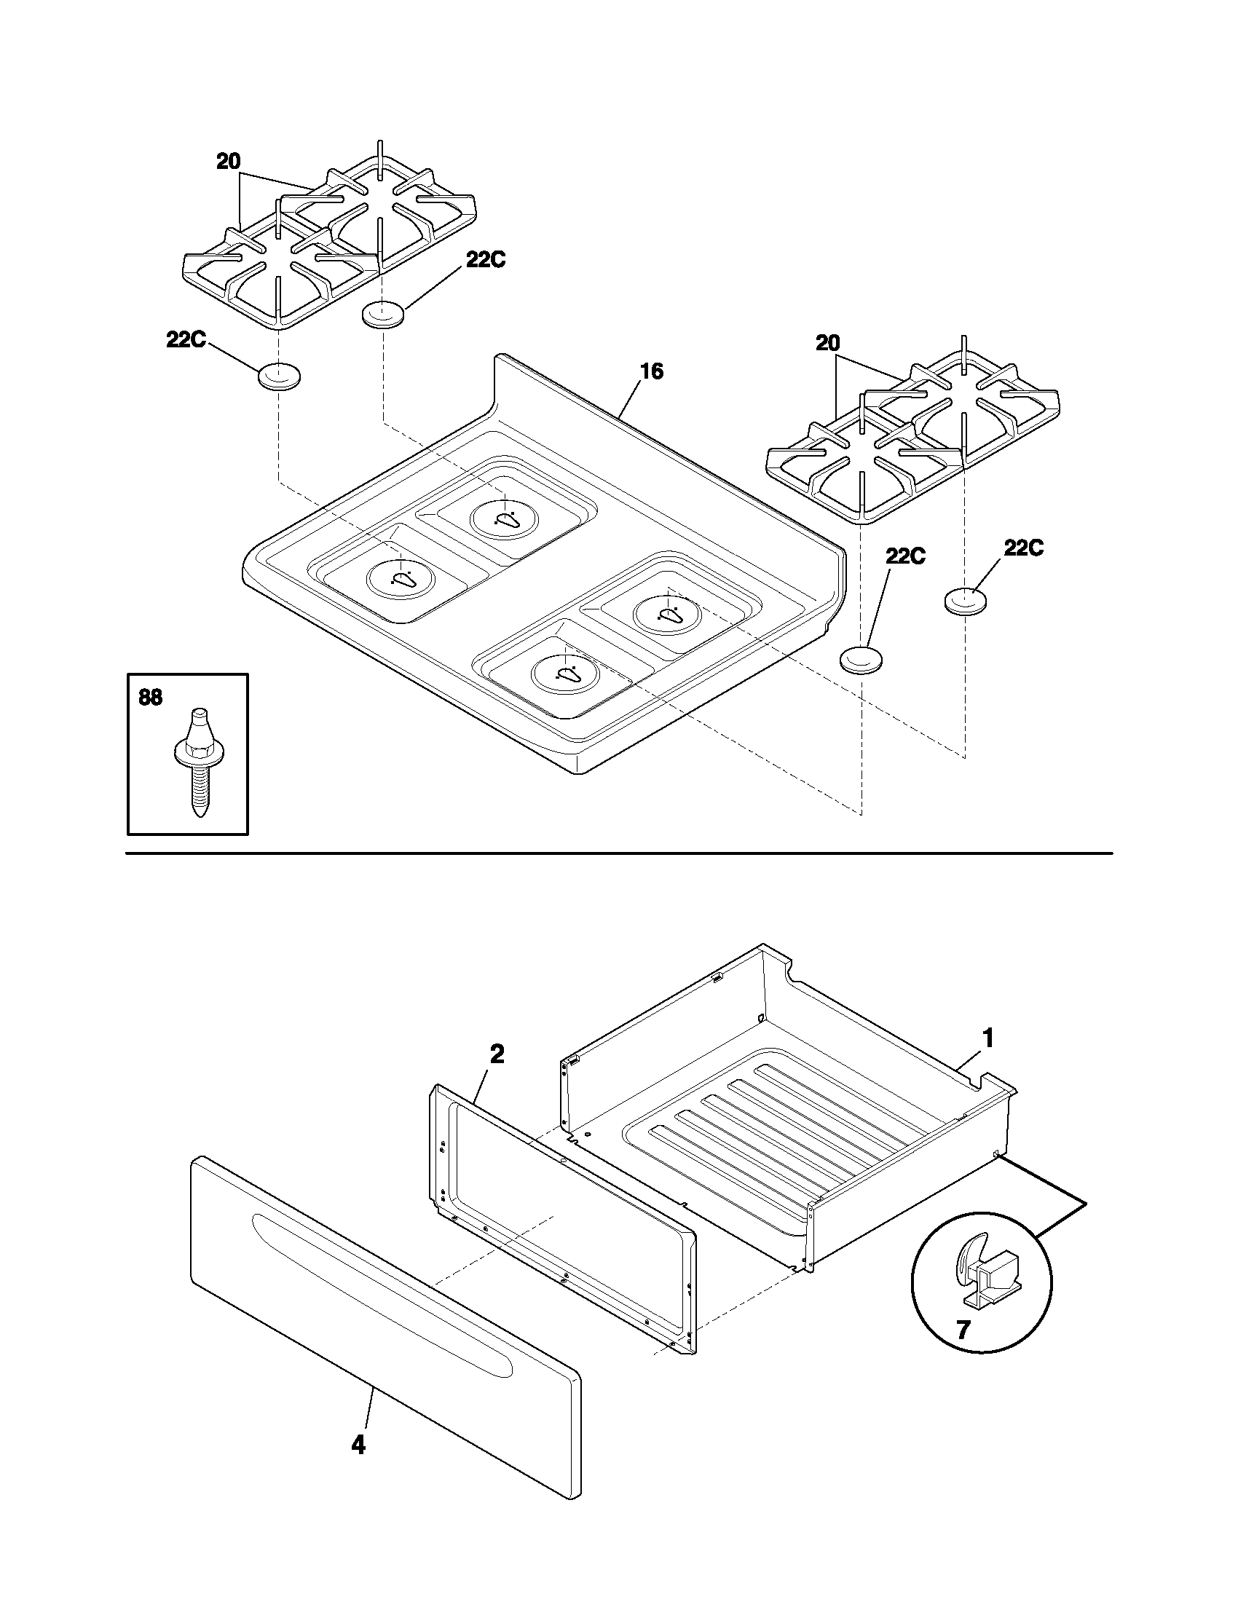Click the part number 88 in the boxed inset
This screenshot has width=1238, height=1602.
pos(150,697)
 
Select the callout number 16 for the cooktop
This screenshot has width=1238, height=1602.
pos(650,372)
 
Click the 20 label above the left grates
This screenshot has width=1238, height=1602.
pos(228,162)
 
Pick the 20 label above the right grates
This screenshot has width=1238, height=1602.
pos(827,343)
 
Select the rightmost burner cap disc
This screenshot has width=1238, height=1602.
pos(964,601)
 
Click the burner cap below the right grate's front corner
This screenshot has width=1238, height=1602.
pos(861,659)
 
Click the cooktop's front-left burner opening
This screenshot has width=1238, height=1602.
pos(400,578)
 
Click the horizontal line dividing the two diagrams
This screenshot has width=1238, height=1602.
pos(619,854)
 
